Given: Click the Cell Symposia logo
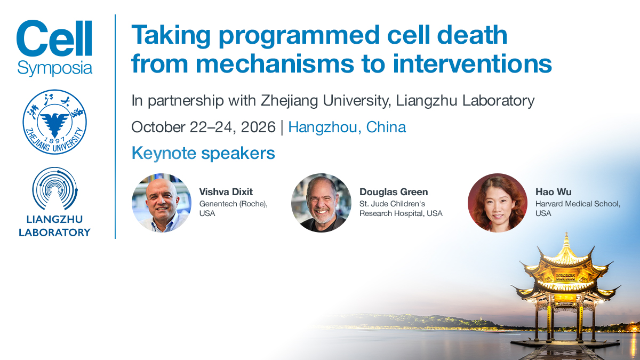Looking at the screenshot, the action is (x=54, y=47).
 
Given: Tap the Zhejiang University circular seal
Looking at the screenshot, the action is (x=54, y=122).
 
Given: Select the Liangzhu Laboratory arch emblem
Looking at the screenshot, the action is (x=54, y=189).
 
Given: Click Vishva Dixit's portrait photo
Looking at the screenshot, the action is (x=162, y=203).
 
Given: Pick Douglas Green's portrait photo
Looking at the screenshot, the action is (x=321, y=203).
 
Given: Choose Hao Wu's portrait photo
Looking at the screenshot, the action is (x=498, y=203).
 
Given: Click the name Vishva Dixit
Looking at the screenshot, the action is (x=226, y=191).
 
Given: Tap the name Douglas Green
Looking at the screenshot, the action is (x=394, y=191).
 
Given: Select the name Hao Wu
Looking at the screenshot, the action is (x=554, y=191).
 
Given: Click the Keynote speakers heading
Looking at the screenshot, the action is (x=203, y=153).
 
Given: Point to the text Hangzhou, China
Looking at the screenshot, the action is (x=347, y=127).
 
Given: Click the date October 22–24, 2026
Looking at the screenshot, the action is (x=203, y=127).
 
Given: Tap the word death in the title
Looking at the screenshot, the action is (x=472, y=35).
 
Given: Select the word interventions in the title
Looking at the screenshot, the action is (x=473, y=64).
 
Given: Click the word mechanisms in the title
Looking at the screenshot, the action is (x=275, y=64).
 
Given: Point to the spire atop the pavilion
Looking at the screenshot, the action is (x=566, y=239).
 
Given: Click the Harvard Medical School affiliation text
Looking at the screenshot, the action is (x=578, y=204).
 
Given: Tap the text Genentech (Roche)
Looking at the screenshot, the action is (x=233, y=204).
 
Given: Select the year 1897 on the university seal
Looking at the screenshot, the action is (x=55, y=140).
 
